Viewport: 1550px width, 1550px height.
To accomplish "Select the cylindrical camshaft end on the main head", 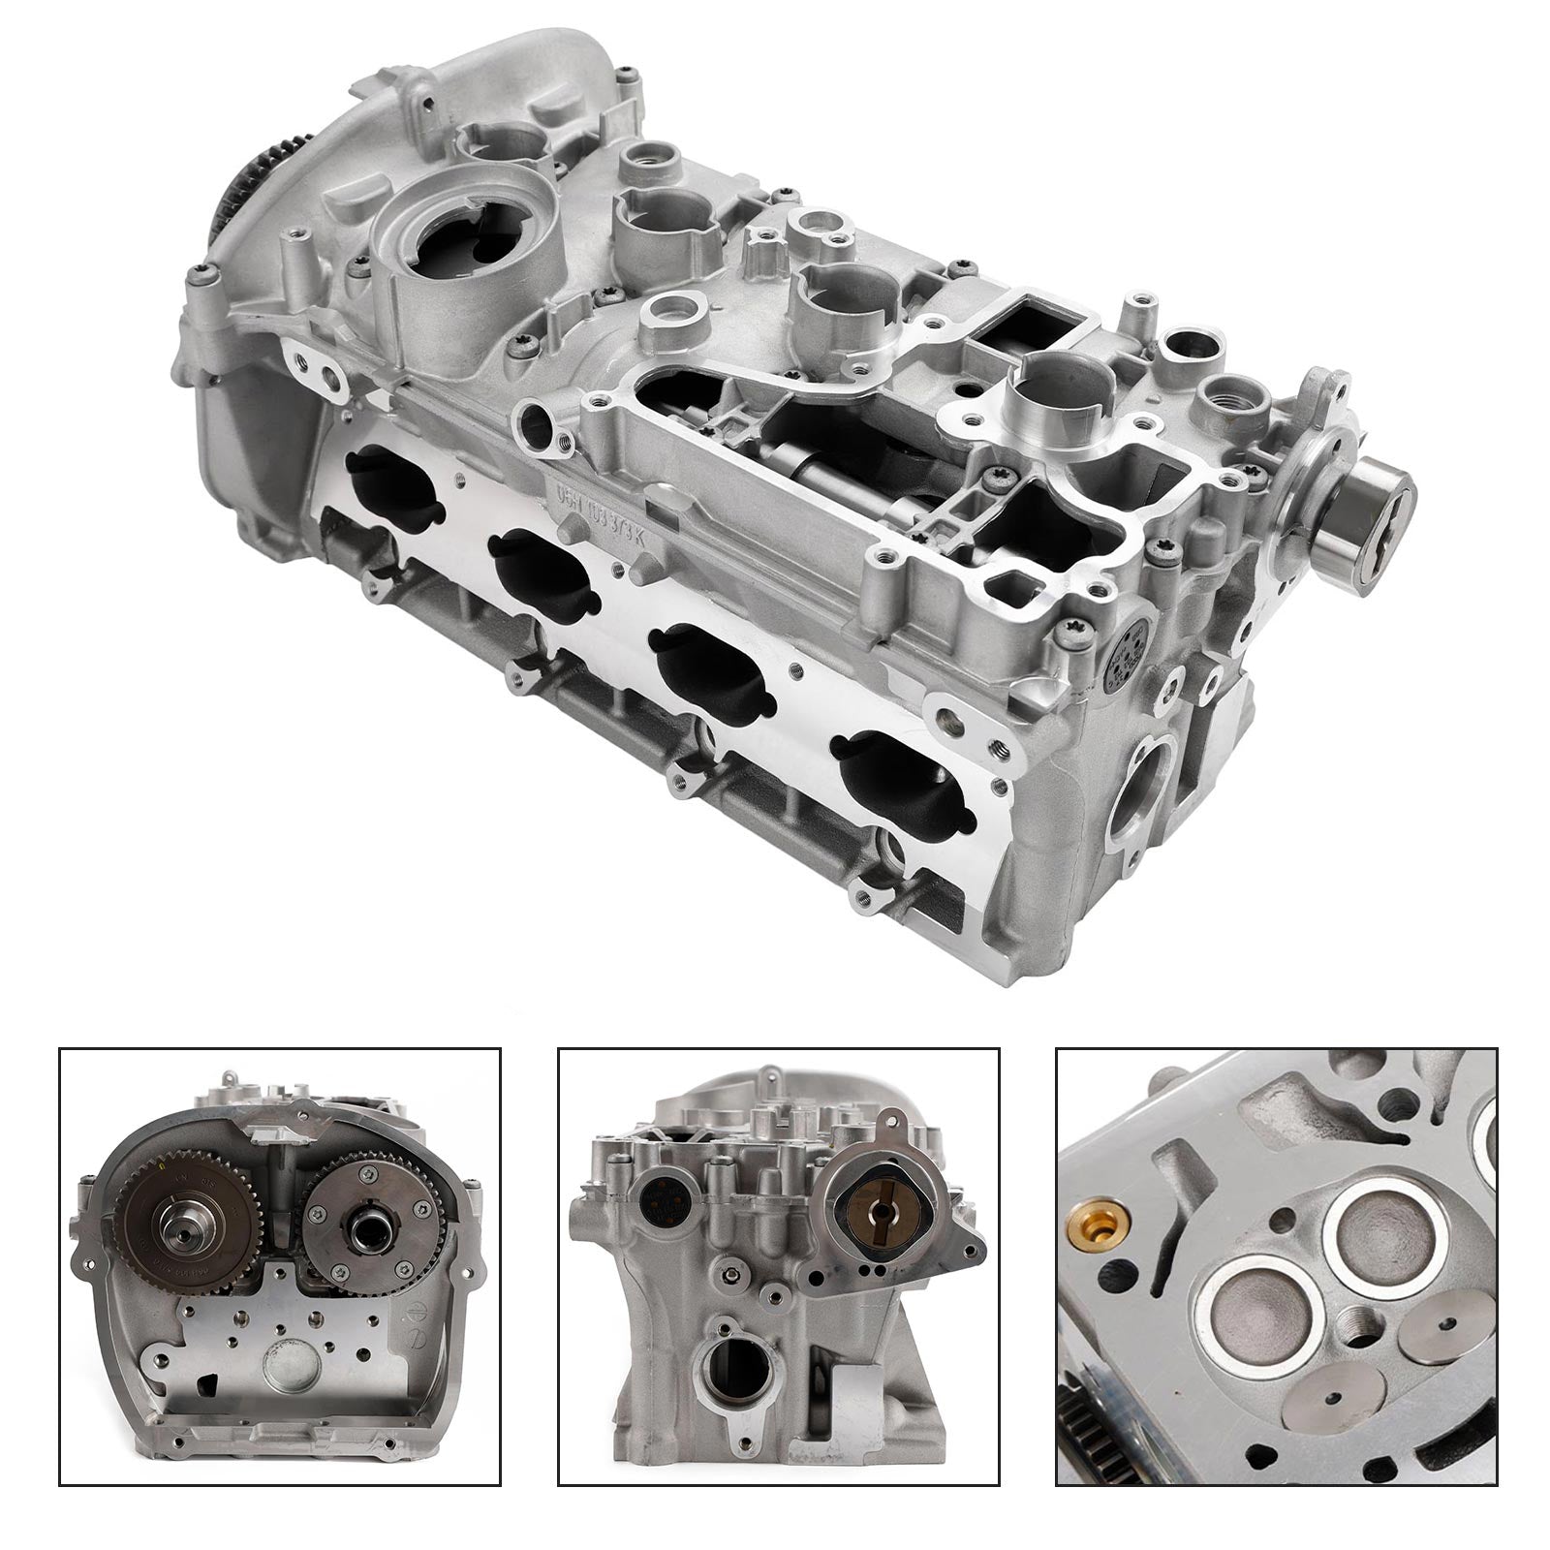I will click(x=1373, y=497).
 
